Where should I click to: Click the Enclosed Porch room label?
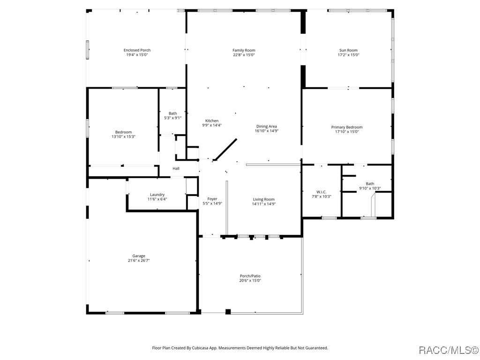point(137,50)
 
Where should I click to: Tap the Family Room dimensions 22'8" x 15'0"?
point(244,55)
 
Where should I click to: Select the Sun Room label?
point(348,50)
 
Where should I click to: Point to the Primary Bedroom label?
point(346,127)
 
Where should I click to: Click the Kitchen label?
point(211,120)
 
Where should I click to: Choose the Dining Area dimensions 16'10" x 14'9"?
point(266,131)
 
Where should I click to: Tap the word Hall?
point(176,169)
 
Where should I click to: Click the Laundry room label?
point(157,195)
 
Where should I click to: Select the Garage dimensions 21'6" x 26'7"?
point(138,261)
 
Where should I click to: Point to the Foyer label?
point(212,199)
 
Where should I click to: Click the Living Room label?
point(263,199)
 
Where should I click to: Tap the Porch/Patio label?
point(250,276)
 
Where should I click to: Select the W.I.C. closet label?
point(321,192)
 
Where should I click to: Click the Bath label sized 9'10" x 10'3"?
point(370,184)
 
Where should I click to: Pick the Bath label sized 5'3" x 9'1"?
point(172,113)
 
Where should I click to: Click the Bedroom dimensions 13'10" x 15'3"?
point(123,136)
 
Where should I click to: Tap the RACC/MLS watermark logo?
point(448,350)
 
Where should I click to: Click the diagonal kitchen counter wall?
point(225,150)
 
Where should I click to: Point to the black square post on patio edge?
point(228,312)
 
